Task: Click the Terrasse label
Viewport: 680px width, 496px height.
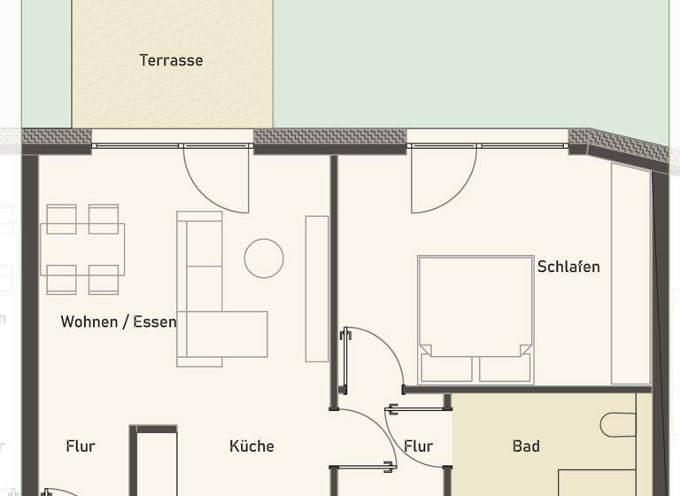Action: pos(171,60)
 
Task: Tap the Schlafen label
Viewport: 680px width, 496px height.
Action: pos(568,267)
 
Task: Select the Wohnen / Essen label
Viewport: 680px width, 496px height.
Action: pos(118,322)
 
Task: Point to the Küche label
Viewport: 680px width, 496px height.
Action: pos(251,446)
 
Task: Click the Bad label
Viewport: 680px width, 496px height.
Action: pos(526,446)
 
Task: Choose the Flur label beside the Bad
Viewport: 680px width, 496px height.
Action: pos(418,446)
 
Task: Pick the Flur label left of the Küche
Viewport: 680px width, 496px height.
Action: pos(81,446)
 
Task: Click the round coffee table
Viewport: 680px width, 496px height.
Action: pos(264,259)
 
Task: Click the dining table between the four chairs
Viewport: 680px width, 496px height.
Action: pos(82,249)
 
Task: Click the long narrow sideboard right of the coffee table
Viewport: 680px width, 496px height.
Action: pos(317,288)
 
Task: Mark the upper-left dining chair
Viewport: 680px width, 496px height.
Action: pos(61,218)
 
